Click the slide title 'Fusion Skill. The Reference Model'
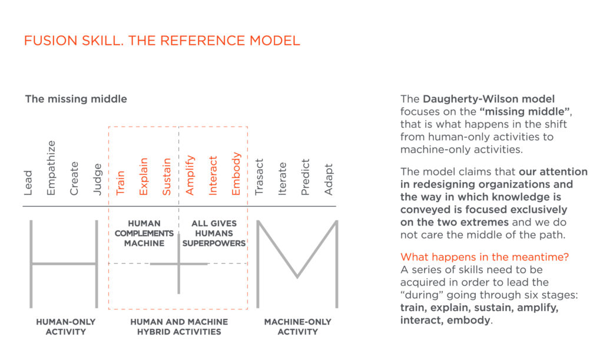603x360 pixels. (x=161, y=41)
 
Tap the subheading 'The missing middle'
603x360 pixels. (x=75, y=99)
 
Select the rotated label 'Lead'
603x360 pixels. (x=28, y=183)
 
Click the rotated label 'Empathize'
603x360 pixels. (x=51, y=168)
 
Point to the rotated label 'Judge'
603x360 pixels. (x=98, y=179)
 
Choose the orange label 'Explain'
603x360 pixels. (x=144, y=175)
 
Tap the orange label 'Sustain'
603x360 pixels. (x=167, y=175)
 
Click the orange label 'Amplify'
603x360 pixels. (x=190, y=175)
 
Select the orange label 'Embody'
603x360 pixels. (x=236, y=173)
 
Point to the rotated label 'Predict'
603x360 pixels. (x=305, y=176)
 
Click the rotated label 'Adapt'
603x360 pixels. (x=329, y=179)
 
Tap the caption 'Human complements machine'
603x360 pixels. (x=144, y=233)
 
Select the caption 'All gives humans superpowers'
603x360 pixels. (x=214, y=233)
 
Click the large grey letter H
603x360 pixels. (x=64, y=264)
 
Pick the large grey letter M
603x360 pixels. (x=297, y=264)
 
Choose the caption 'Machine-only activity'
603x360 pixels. (x=297, y=326)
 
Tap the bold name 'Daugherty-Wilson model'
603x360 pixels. (x=489, y=98)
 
